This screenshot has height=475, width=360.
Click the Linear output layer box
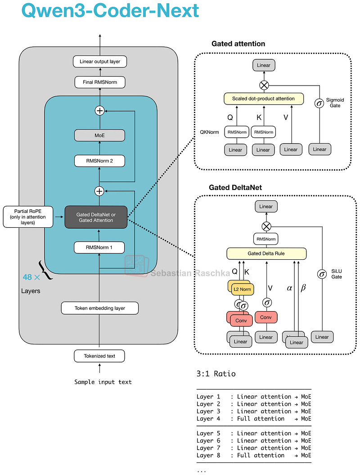click(99, 61)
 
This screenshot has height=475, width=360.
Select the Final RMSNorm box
click(99, 82)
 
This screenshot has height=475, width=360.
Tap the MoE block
click(99, 135)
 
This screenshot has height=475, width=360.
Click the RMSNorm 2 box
click(99, 161)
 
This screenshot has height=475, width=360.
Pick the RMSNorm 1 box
click(99, 247)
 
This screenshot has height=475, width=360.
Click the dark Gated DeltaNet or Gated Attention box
click(96, 217)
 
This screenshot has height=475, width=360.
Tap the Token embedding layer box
click(99, 308)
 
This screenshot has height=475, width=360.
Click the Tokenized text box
click(99, 356)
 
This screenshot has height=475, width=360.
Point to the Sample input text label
click(103, 382)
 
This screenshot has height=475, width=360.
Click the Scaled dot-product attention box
click(263, 99)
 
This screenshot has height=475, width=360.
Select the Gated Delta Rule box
click(267, 253)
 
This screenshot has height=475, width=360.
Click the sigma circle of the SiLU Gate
click(322, 274)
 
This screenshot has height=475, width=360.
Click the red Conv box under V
click(266, 317)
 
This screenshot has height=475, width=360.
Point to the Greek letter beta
click(303, 288)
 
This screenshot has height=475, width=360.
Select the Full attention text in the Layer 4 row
click(261, 418)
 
